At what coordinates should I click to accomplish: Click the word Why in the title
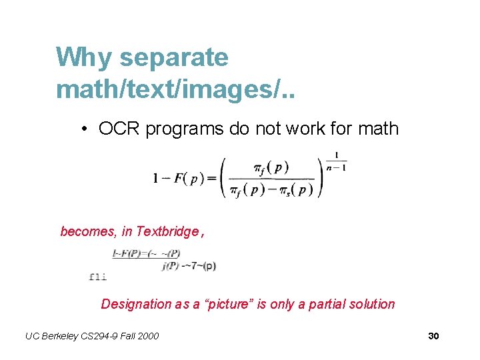(x=85, y=57)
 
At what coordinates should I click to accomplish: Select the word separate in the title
(x=174, y=59)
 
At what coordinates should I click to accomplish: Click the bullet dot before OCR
(x=87, y=129)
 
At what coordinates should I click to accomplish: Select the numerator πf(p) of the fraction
(x=271, y=167)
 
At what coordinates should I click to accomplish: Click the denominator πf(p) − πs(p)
(x=271, y=191)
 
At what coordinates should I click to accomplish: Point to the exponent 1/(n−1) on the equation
(x=336, y=161)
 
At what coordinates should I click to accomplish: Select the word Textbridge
(x=167, y=232)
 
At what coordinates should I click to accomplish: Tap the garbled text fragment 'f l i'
(x=97, y=276)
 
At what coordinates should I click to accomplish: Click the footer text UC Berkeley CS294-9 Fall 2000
(x=92, y=336)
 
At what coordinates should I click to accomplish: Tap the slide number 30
(x=433, y=336)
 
